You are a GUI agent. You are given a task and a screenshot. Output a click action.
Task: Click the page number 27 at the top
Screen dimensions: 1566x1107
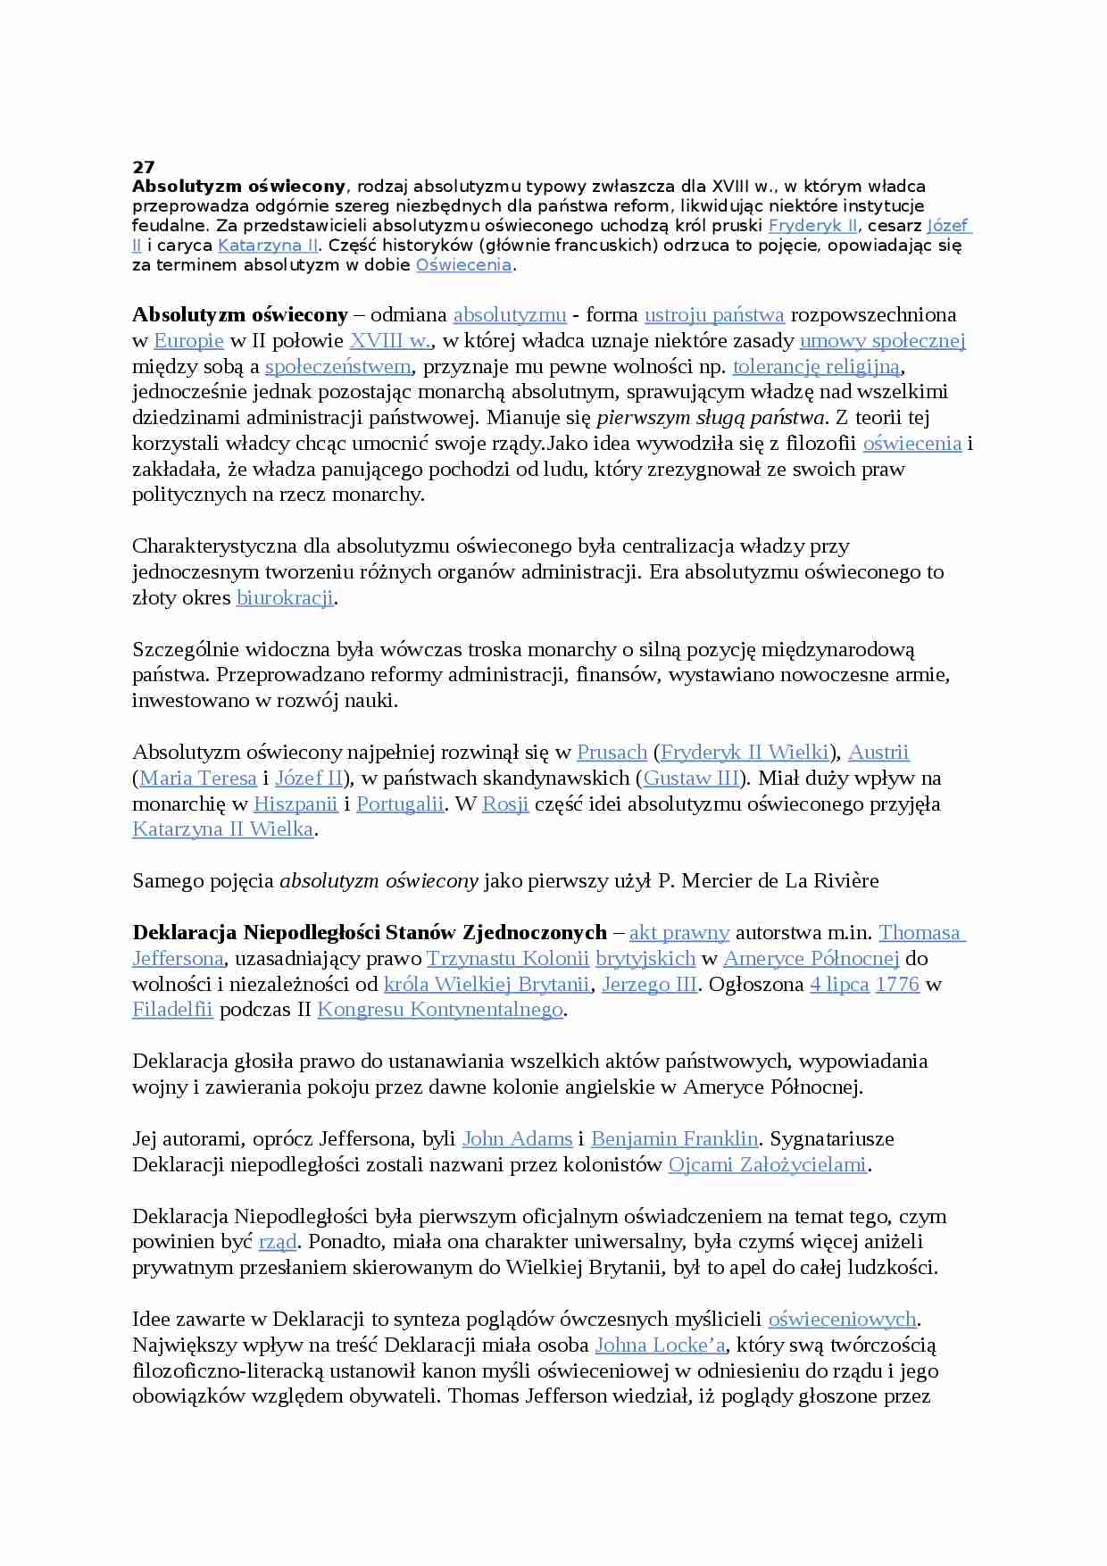coord(143,167)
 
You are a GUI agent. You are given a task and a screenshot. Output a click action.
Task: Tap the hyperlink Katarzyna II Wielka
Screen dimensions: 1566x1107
coord(222,829)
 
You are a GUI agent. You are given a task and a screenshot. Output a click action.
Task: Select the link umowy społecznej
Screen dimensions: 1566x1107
coord(882,341)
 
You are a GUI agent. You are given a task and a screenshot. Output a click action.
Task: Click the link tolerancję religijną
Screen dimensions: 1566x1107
coord(816,367)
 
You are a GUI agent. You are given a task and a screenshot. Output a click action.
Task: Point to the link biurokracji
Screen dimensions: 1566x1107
coord(285,598)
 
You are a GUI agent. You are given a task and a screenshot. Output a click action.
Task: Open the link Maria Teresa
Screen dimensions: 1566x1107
coord(197,779)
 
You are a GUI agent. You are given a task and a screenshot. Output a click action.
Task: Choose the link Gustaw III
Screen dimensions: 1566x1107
coord(691,779)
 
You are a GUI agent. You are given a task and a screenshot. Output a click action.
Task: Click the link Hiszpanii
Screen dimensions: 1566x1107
coord(295,804)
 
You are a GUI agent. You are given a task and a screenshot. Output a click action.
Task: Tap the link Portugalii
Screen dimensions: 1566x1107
coord(400,804)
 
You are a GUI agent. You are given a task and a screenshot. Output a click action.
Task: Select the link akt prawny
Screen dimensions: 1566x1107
coord(679,933)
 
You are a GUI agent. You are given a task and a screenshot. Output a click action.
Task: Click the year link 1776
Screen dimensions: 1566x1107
coord(897,985)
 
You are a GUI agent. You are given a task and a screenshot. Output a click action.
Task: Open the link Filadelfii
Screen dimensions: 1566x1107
coord(172,1010)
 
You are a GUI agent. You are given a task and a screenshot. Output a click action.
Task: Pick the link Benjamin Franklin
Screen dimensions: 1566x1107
coord(674,1139)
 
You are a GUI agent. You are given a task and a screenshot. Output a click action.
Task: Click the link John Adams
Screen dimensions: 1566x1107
coord(517,1139)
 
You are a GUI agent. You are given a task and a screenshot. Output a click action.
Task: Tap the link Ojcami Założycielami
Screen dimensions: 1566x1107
coord(768,1165)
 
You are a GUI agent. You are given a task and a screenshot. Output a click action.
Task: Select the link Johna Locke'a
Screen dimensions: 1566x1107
coord(661,1345)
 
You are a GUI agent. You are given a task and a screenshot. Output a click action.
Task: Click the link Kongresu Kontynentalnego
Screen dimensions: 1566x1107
coord(440,1010)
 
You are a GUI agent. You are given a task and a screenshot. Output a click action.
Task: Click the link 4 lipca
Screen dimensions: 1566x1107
coord(839,985)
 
